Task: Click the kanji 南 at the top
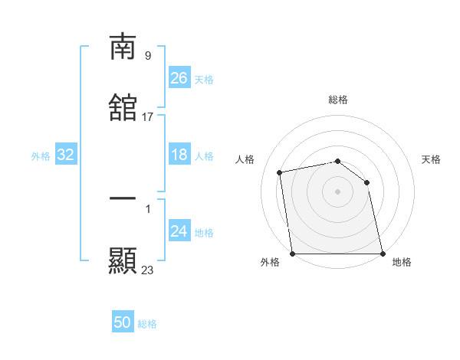point(123,47)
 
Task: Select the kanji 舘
point(123,108)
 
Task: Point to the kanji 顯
point(123,260)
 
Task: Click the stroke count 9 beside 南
point(147,55)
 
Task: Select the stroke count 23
point(147,270)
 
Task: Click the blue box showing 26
point(179,78)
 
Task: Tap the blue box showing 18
point(179,155)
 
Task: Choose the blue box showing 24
point(179,231)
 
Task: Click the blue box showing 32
point(66,155)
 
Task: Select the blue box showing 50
point(123,322)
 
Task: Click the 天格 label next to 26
point(204,80)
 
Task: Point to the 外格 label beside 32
point(41,156)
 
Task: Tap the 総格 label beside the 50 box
point(147,324)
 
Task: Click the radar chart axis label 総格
point(338,100)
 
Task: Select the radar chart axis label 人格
point(245,159)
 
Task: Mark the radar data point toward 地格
point(382,254)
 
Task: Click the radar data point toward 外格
point(293,254)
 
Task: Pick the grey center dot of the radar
point(337,191)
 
